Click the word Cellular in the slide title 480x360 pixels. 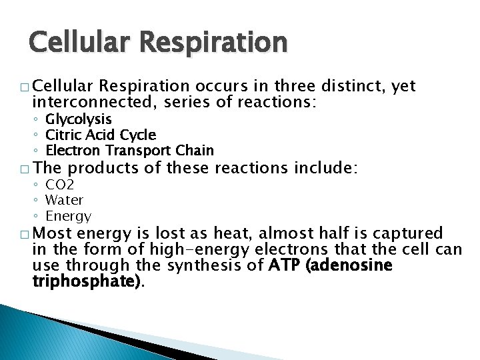(x=81, y=42)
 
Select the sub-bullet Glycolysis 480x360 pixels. (x=78, y=119)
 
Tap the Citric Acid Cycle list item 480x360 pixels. (x=101, y=135)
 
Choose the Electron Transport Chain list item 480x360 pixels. (x=129, y=151)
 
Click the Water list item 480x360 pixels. (x=64, y=200)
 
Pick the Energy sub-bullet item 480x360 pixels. (x=68, y=216)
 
